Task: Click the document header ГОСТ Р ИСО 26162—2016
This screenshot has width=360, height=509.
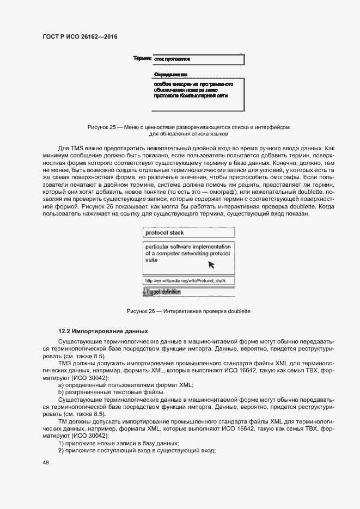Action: [x=81, y=36]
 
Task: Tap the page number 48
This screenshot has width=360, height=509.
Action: [x=45, y=462]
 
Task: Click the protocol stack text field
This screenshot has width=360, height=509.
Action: [x=188, y=232]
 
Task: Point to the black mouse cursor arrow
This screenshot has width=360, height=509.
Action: [x=211, y=265]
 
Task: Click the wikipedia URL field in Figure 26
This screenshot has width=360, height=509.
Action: [x=188, y=281]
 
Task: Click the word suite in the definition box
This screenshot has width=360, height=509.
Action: [x=151, y=260]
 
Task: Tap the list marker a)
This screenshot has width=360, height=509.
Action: [x=61, y=385]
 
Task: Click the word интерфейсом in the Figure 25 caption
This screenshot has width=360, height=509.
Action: [x=272, y=127]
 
